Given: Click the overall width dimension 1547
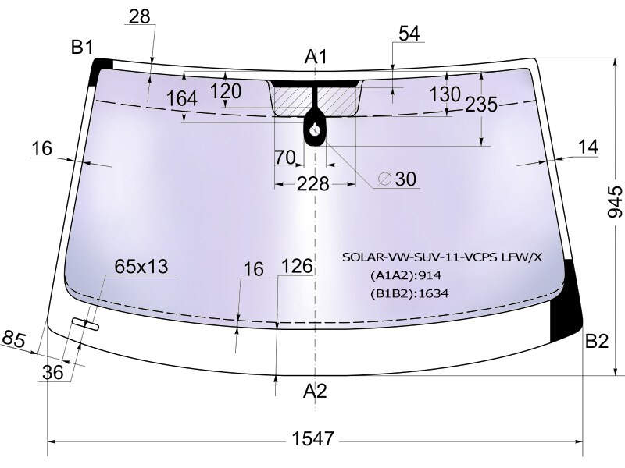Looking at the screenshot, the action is click(313, 438).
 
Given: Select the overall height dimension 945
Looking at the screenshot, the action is click(614, 202).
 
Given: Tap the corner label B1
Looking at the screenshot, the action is click(82, 48).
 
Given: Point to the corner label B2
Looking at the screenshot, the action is click(597, 341).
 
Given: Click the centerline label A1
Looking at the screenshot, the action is click(316, 56).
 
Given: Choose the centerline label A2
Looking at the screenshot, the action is click(315, 392).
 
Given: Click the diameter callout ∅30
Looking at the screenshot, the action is click(398, 179).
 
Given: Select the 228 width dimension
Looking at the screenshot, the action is click(313, 184).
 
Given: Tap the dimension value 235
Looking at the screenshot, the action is click(481, 105).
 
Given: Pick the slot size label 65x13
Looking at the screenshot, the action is click(141, 266).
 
